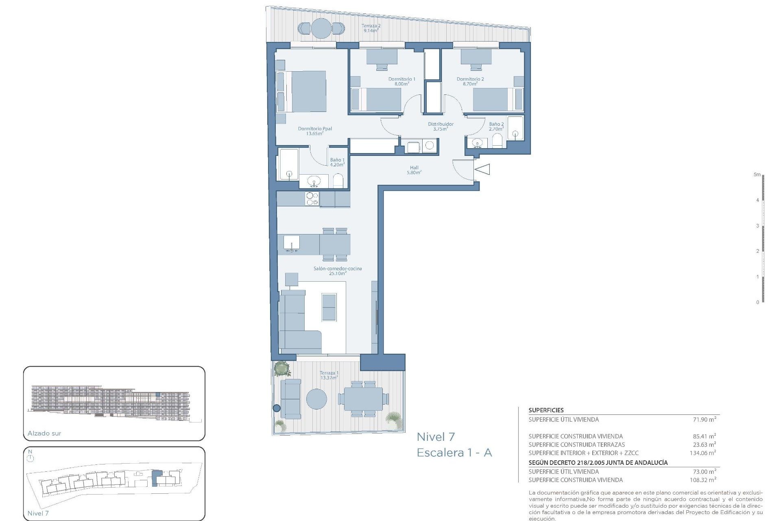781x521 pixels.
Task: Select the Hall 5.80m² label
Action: tap(414, 170)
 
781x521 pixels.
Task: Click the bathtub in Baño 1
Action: tap(289, 164)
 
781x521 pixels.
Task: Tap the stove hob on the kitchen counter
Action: tap(312, 199)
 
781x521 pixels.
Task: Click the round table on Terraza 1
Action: tap(316, 399)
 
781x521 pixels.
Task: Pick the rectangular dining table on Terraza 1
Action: tap(363, 399)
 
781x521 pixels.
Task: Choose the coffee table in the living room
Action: tap(329, 307)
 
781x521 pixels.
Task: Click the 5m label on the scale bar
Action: tap(757, 175)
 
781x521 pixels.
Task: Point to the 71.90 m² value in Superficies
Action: tap(705, 419)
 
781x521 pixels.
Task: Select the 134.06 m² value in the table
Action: tap(703, 453)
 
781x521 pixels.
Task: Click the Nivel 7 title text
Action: tap(436, 437)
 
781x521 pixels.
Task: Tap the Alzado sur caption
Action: tap(44, 433)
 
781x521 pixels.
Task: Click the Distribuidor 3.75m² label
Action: tap(441, 127)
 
